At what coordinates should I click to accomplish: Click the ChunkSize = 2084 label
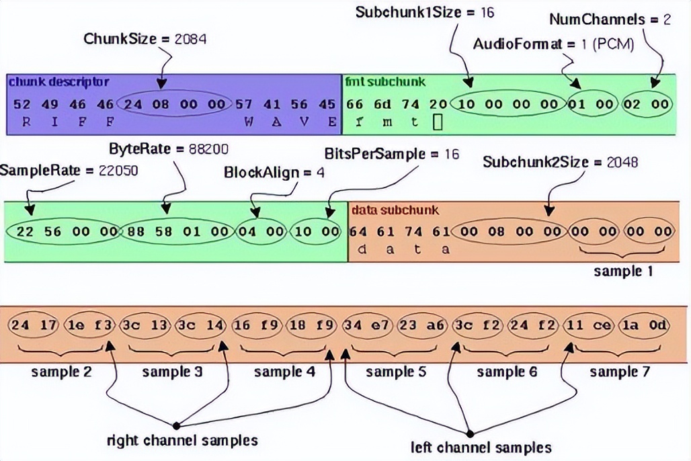click(145, 38)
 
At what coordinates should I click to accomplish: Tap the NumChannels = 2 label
click(610, 19)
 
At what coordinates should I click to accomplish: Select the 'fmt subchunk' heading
click(385, 82)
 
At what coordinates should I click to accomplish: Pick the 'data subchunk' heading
click(395, 210)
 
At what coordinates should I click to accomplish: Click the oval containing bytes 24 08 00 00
click(174, 104)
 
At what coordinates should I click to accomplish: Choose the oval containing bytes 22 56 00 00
click(62, 232)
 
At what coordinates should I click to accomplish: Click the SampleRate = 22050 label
click(69, 171)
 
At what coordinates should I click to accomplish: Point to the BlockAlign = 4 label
click(274, 173)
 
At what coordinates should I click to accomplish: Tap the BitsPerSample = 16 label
click(391, 154)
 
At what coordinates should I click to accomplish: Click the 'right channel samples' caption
click(183, 441)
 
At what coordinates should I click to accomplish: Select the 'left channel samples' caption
click(481, 447)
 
